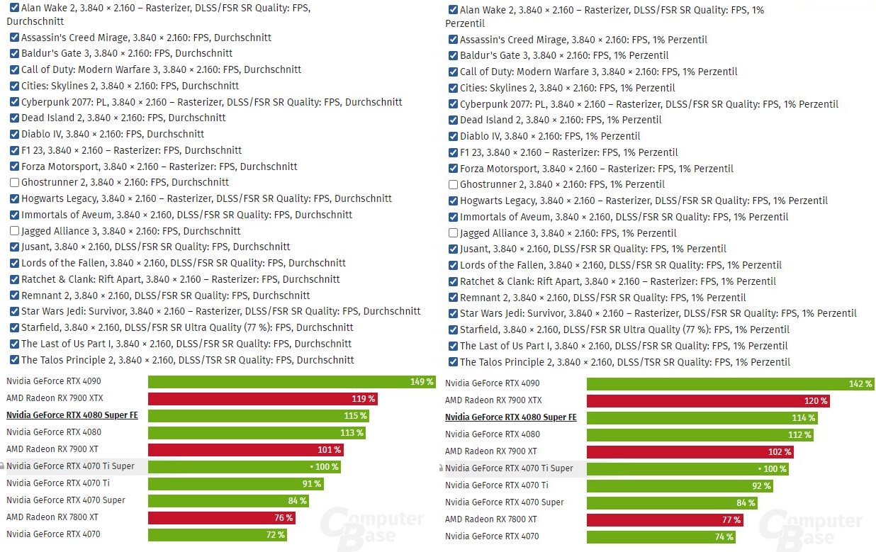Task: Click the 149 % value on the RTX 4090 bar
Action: click(x=422, y=382)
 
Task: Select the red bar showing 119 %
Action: click(x=262, y=399)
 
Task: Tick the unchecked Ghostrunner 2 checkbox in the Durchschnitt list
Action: click(x=15, y=183)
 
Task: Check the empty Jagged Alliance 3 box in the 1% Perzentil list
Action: click(x=454, y=233)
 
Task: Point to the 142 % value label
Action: click(x=860, y=384)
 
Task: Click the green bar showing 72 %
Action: click(x=217, y=535)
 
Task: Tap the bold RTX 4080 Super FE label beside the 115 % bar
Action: click(x=72, y=416)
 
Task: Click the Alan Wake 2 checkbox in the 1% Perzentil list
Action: click(x=454, y=11)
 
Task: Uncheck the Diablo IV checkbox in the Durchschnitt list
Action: click(x=15, y=135)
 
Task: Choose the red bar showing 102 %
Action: click(x=690, y=452)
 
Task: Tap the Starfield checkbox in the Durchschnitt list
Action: click(x=15, y=328)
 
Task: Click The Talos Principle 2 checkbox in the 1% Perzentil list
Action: click(x=454, y=363)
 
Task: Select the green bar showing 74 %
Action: click(x=661, y=537)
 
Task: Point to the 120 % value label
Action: click(x=816, y=401)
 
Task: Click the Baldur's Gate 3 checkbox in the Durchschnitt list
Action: click(x=15, y=54)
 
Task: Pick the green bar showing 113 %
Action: click(x=257, y=433)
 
